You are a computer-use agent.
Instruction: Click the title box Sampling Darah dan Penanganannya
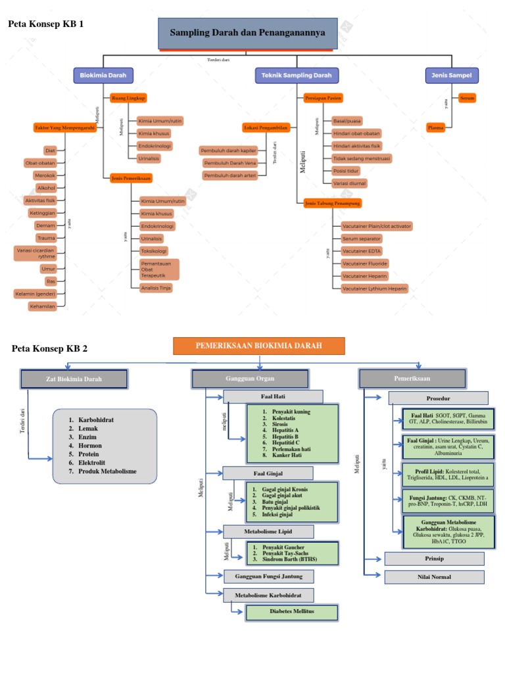pyautogui.click(x=247, y=33)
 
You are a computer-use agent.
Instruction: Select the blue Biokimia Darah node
pyautogui.click(x=103, y=75)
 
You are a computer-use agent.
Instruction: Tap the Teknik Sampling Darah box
pyautogui.click(x=297, y=75)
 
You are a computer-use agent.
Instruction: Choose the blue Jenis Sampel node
pyautogui.click(x=452, y=75)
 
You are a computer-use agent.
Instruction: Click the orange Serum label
pyautogui.click(x=467, y=98)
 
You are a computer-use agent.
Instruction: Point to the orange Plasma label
pyautogui.click(x=435, y=128)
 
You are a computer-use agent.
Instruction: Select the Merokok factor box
pyautogui.click(x=45, y=175)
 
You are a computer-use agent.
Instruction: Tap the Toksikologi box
pyautogui.click(x=155, y=250)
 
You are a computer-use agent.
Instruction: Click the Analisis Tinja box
pyautogui.click(x=156, y=288)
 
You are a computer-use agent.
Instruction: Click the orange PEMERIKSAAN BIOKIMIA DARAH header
pyautogui.click(x=258, y=346)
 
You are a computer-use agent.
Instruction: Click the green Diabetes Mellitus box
pyautogui.click(x=292, y=613)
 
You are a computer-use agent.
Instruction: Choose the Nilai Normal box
pyautogui.click(x=434, y=577)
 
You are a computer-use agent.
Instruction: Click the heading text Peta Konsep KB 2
pyautogui.click(x=50, y=348)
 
